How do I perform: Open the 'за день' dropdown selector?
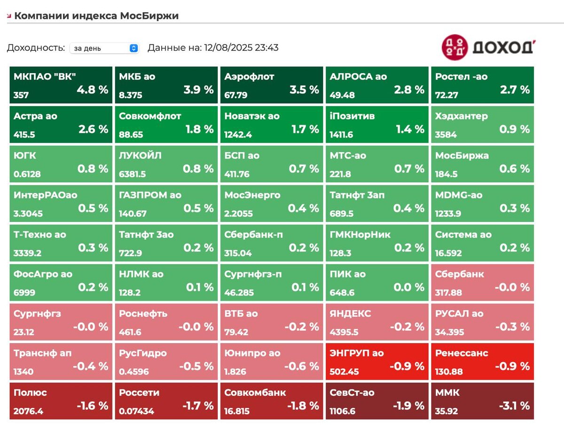pos(104,48)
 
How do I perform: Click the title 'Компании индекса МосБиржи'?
pos(96,15)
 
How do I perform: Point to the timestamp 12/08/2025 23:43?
pos(241,47)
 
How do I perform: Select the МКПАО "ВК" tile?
pos(61,85)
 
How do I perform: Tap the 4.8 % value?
pos(93,90)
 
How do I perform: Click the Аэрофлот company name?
pos(249,76)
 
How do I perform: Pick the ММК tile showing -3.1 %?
pos(482,401)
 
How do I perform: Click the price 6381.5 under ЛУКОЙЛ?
pos(133,174)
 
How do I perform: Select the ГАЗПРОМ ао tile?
pos(166,204)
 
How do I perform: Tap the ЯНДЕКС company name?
pos(350,314)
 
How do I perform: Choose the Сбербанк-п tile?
pos(271,243)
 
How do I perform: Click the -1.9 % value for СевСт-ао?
pos(408,406)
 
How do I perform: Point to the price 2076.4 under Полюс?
pos(29,412)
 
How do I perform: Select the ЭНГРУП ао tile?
pos(377,362)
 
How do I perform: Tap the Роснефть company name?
pos(143,314)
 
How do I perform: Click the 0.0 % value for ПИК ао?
pos(409,287)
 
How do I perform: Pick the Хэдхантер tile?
pos(482,124)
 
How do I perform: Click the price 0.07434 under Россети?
pos(136,412)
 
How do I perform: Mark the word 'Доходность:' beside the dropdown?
pos(36,48)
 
